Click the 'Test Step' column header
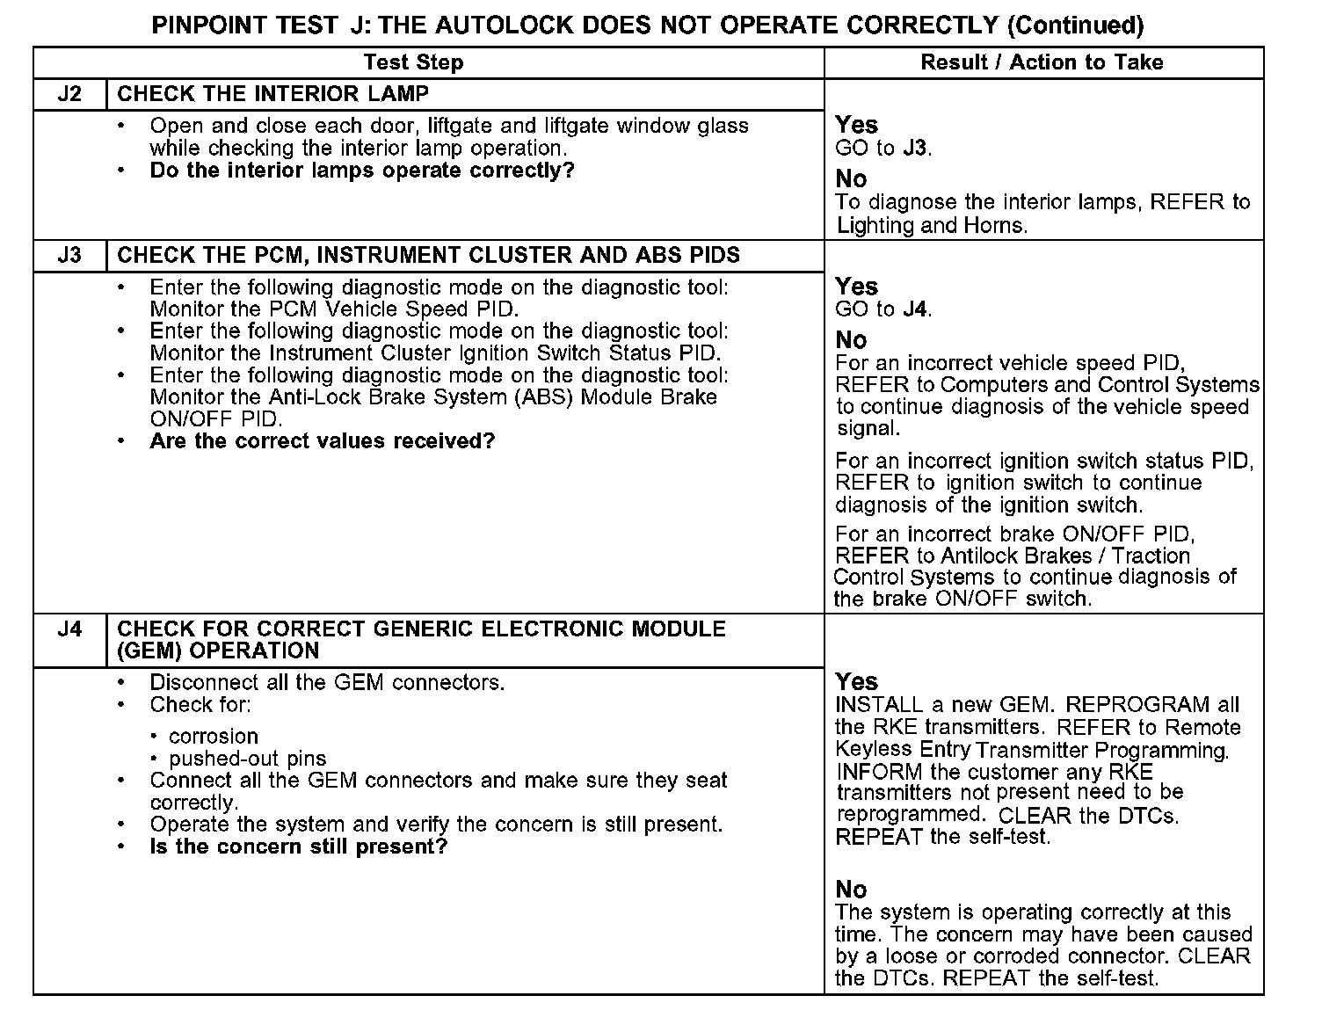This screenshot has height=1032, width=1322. [413, 62]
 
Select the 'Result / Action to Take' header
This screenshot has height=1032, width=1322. [1042, 62]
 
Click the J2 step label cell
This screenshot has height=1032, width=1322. [69, 94]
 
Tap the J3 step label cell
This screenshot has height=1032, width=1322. [69, 256]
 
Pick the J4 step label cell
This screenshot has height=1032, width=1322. [69, 629]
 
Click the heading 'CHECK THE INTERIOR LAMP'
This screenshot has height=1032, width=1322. [273, 94]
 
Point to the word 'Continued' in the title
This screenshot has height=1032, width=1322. [1075, 25]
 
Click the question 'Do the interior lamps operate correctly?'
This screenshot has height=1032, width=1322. [362, 171]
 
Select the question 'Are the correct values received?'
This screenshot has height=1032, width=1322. [323, 441]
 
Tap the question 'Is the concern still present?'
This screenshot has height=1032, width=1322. [299, 847]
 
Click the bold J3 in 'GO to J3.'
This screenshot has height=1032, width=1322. [915, 148]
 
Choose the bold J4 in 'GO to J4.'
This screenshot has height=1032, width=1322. [915, 309]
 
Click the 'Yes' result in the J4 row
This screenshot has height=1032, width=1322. [857, 682]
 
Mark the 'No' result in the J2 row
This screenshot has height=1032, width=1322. [851, 179]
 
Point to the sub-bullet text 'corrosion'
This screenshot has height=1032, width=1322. [214, 737]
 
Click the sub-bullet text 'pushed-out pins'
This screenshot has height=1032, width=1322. [248, 759]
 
